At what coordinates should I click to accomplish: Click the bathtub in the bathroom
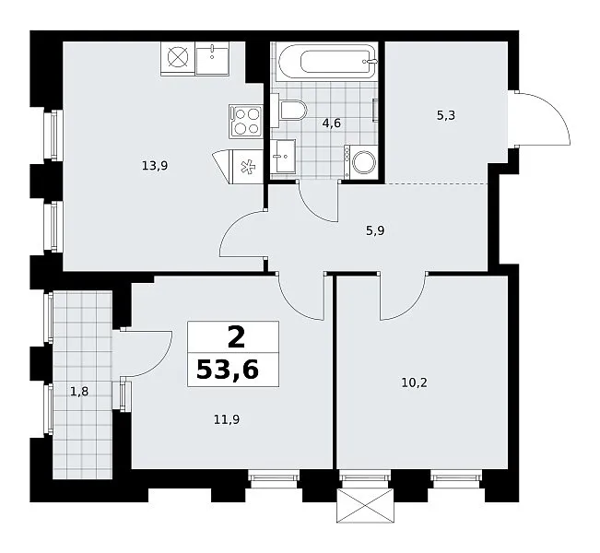(x=326, y=61)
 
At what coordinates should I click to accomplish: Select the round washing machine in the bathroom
(x=361, y=162)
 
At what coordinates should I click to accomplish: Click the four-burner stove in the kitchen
(x=246, y=122)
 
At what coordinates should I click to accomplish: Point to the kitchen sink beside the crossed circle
(x=212, y=58)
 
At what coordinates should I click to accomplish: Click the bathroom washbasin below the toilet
(x=283, y=156)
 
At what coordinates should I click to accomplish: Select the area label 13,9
(x=155, y=166)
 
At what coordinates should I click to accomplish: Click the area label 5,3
(x=446, y=115)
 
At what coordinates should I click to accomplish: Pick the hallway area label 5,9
(x=375, y=230)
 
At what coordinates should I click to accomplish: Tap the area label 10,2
(x=415, y=382)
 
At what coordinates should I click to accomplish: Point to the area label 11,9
(x=227, y=420)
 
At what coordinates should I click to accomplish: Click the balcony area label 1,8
(x=79, y=392)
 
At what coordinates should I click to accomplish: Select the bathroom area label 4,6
(x=332, y=124)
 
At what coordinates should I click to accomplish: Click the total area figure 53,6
(x=228, y=371)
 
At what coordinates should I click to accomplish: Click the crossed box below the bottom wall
(x=365, y=506)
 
